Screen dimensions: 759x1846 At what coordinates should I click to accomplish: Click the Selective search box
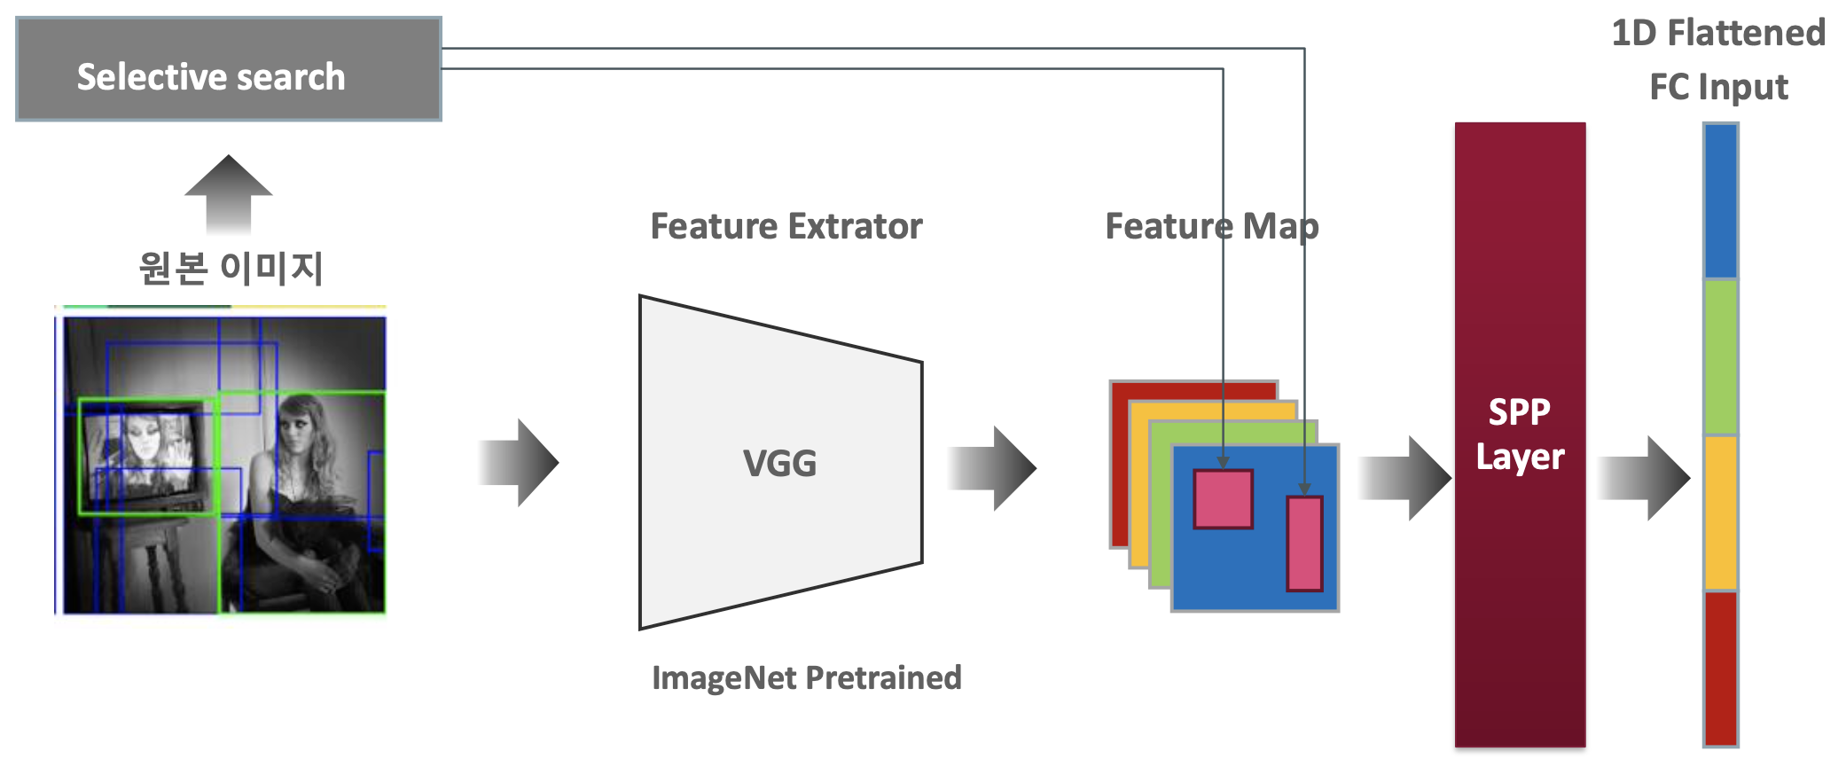click(x=228, y=69)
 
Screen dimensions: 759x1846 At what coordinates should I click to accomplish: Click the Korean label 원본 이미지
click(x=231, y=267)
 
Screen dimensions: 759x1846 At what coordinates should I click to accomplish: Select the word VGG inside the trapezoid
click(x=779, y=463)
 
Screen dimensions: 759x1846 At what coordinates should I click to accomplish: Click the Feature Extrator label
click(x=786, y=226)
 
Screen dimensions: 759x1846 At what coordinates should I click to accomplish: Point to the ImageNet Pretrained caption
click(x=805, y=677)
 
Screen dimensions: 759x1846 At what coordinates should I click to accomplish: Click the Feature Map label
click(x=1211, y=226)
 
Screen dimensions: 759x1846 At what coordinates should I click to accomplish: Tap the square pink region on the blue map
click(x=1223, y=500)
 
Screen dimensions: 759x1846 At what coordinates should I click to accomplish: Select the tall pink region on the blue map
click(x=1304, y=544)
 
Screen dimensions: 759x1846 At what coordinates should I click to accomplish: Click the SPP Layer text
click(x=1519, y=434)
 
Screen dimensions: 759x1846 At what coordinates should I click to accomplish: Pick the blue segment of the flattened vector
click(x=1720, y=201)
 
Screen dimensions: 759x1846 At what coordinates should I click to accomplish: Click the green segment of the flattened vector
click(x=1720, y=356)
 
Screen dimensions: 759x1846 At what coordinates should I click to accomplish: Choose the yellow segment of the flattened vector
click(x=1720, y=512)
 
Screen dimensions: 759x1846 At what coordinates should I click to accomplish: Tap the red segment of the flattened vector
click(x=1720, y=668)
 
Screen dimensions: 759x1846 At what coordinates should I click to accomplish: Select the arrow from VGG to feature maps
click(x=993, y=468)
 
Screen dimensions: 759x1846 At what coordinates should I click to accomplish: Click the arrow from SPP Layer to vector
click(x=1645, y=478)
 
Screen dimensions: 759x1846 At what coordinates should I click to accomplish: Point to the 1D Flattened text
click(x=1717, y=34)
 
